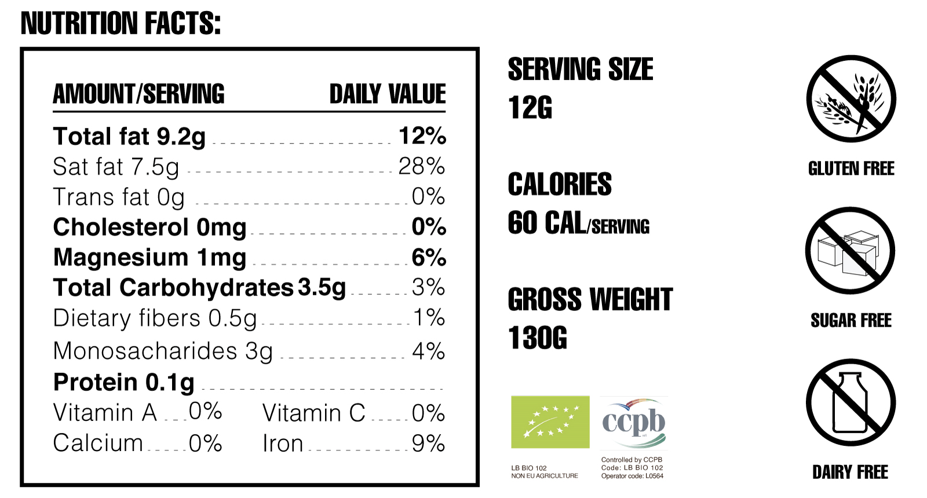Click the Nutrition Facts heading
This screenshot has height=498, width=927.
point(121,24)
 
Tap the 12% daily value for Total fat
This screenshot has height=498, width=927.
point(422,136)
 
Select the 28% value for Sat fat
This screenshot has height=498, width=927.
point(421,167)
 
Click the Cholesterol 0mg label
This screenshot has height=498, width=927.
point(149,227)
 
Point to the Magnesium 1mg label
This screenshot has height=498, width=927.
point(149,258)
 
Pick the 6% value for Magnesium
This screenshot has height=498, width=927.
point(429,258)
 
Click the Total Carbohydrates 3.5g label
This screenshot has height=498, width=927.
point(199,288)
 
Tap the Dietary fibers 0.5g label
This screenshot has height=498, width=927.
point(155,318)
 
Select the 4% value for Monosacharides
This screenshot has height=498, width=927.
point(429,351)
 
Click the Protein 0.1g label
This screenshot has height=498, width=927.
point(124,382)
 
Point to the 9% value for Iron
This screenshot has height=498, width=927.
point(429,444)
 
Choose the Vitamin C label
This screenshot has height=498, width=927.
point(313,413)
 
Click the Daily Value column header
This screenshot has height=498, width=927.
point(388,94)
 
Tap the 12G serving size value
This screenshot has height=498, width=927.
point(530,108)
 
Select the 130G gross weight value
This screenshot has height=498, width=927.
point(538,338)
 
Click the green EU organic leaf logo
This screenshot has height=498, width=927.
point(550,422)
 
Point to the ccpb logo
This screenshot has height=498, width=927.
point(634,422)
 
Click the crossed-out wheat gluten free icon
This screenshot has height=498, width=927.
point(851,98)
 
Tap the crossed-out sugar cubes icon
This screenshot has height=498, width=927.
point(850,251)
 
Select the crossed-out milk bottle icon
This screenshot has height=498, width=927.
point(850,402)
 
